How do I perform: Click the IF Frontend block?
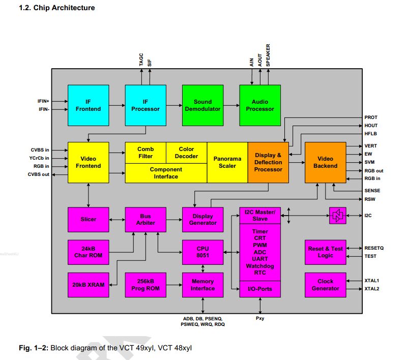coord(88,105)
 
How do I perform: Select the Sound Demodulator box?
coord(202,105)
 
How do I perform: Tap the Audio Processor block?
coord(260,105)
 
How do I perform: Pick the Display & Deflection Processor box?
coord(268,162)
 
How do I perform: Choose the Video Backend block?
coord(325,162)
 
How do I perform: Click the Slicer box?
coord(88,219)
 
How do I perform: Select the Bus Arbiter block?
coord(145,219)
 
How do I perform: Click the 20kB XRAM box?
coord(88,285)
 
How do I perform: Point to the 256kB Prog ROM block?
coord(145,285)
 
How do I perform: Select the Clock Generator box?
coord(325,285)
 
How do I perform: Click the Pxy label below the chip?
coord(260,318)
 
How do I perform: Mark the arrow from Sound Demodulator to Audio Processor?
coord(231,105)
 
